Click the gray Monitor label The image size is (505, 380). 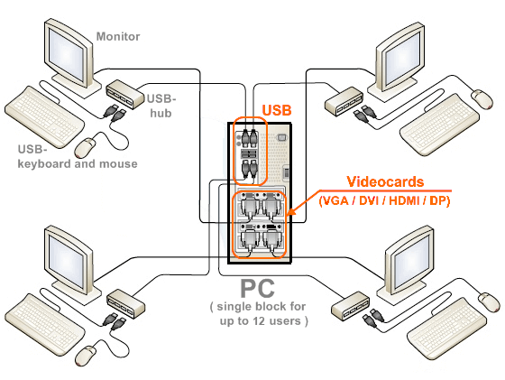click(118, 36)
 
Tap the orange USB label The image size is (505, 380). click(277, 110)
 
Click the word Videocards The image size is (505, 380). click(385, 181)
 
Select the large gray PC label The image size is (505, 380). click(258, 289)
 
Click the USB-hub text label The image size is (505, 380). click(161, 106)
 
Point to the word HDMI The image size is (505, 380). click(404, 200)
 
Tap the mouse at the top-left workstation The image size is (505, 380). click(86, 147)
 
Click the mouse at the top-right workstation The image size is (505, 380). click(482, 99)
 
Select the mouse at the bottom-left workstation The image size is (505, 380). click(86, 356)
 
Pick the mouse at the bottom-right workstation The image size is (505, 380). click(489, 302)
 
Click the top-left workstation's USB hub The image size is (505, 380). click(125, 94)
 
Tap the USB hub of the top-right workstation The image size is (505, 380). click(344, 101)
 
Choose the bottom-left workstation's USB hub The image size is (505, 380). click(125, 303)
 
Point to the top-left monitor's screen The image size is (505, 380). click(68, 54)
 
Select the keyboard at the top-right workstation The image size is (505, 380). click(439, 125)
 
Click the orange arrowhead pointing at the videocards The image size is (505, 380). click(290, 212)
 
